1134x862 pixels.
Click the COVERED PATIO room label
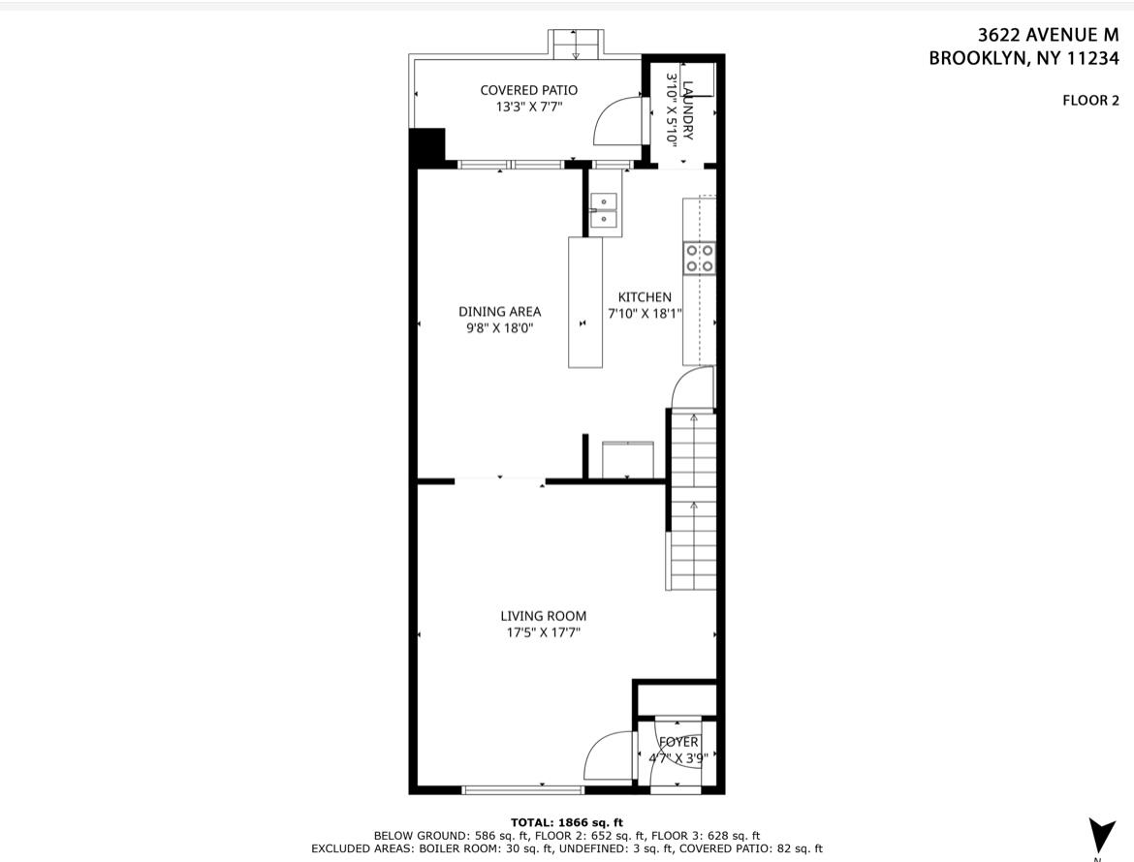click(528, 90)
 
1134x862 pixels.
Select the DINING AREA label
click(499, 311)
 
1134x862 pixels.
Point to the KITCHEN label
click(645, 297)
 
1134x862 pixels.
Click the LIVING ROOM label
click(543, 615)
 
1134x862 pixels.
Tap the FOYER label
click(678, 742)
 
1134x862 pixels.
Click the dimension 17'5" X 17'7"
click(543, 633)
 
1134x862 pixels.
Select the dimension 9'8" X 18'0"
click(499, 328)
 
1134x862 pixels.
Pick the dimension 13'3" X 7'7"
click(528, 108)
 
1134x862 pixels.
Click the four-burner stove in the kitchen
click(700, 258)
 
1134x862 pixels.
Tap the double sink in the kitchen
click(604, 210)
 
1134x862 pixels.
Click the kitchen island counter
click(584, 302)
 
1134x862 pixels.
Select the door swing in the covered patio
click(618, 121)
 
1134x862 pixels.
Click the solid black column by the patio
click(426, 147)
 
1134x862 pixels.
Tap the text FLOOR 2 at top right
click(1090, 100)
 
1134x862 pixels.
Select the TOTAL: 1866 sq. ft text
click(566, 822)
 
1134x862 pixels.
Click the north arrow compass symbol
click(1101, 834)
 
